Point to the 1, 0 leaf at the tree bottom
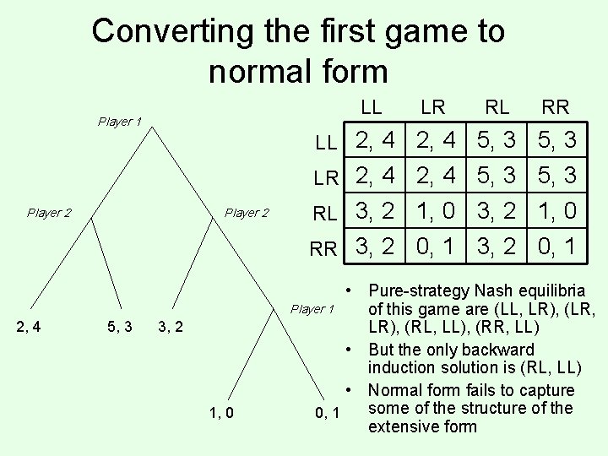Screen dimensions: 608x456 click(221, 413)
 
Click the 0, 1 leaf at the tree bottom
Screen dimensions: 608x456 click(326, 413)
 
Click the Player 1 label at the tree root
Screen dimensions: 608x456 click(119, 122)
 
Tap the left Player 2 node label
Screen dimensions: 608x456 click(49, 213)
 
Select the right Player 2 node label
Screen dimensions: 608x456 click(246, 213)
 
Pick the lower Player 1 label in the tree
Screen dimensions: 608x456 click(312, 309)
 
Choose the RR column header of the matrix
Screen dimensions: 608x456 click(555, 107)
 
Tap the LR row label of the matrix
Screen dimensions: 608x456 click(326, 177)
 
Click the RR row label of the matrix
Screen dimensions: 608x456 click(326, 248)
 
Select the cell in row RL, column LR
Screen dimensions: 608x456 click(434, 211)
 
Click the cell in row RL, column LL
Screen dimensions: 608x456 click(374, 211)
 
